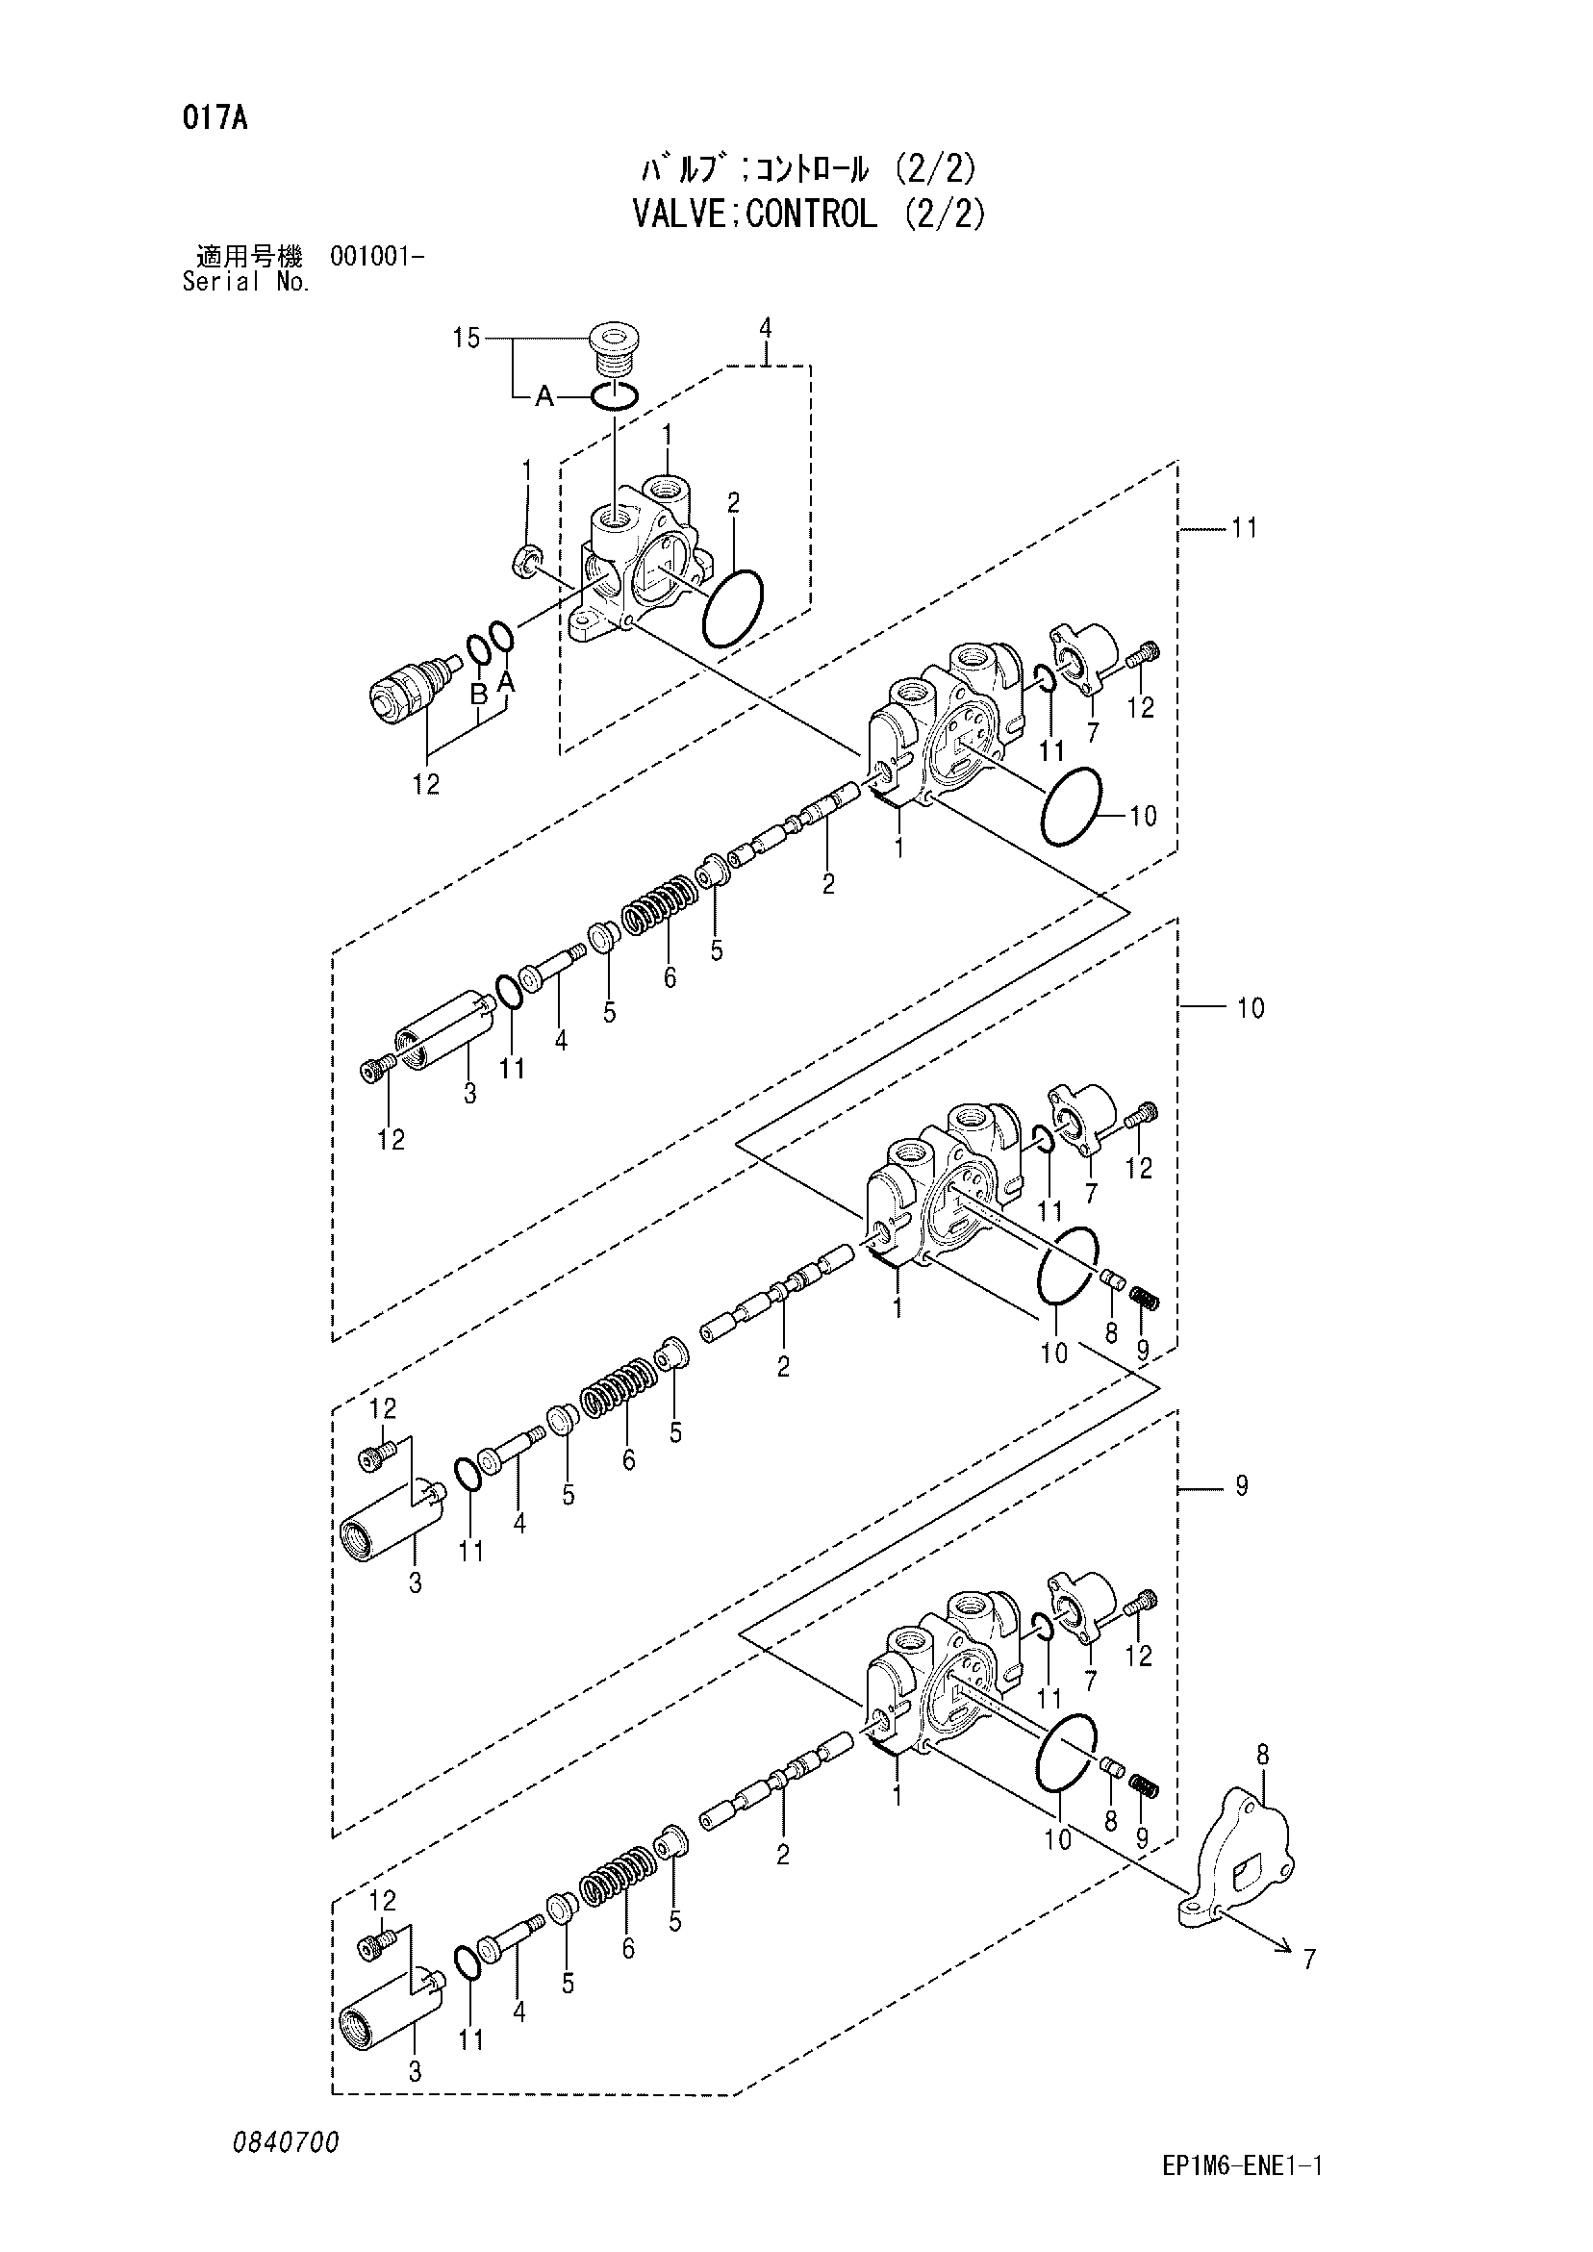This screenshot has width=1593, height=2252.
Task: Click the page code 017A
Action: tap(214, 118)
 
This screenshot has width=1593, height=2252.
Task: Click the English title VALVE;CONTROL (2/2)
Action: tap(808, 213)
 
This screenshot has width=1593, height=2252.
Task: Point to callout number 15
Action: tap(466, 340)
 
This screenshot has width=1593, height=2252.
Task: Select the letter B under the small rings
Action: tap(479, 696)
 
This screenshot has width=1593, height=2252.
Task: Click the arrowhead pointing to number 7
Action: tap(1279, 1945)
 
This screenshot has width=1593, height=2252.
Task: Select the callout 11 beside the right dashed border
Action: tap(1244, 528)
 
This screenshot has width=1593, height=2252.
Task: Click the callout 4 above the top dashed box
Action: tap(766, 327)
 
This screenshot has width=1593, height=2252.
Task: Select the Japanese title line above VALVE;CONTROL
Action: tap(808, 169)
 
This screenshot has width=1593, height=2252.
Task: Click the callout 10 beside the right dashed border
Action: tap(1251, 1007)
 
